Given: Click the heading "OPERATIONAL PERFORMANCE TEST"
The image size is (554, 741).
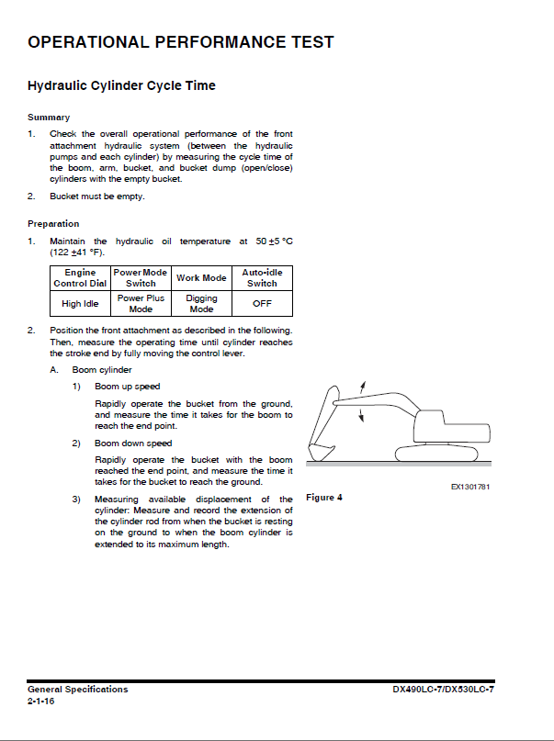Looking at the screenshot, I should coord(181,42).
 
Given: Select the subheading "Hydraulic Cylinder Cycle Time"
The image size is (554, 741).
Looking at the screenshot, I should coord(121,86).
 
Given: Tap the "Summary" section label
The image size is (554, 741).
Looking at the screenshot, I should coord(49,118).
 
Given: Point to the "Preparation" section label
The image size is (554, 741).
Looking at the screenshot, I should coord(53,224).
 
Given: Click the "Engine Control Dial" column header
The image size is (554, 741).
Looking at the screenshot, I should coord(80,278).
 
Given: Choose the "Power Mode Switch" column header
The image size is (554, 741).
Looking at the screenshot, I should coord(141,278).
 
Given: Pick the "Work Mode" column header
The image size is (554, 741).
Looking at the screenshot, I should coord(201,278).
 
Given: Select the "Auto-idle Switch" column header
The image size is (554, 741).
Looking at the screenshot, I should coord(262,278).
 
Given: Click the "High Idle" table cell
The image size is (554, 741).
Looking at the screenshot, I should coord(80,304).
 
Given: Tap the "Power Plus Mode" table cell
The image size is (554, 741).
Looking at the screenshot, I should coord(141,304).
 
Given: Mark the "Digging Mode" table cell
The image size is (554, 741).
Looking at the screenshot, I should coord(201,304).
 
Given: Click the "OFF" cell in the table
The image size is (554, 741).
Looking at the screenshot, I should coord(262,304).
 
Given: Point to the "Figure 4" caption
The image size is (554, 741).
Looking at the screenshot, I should coord(323,498).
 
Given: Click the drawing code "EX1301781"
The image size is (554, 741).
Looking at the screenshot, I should coord(469,488).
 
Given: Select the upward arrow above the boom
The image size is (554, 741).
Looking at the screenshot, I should coord(365,386).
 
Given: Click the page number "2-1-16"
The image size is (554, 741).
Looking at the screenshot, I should coord(41,701).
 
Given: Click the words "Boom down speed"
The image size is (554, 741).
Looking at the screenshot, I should coord(133,443).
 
